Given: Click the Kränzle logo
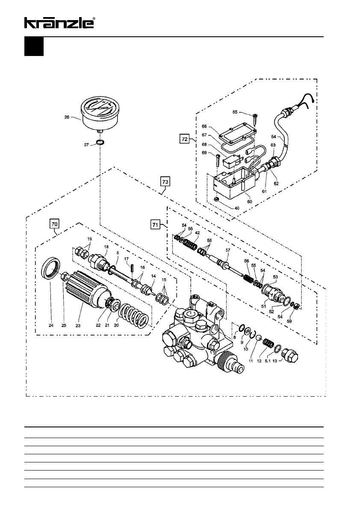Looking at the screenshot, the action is click(x=60, y=23).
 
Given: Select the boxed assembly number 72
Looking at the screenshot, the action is click(x=184, y=139).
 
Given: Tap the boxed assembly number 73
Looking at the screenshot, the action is click(x=165, y=182).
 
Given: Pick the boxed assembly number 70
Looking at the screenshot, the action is click(x=55, y=224).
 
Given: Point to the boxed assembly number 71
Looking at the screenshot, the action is click(x=156, y=224).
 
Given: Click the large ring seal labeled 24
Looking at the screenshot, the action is click(x=51, y=267).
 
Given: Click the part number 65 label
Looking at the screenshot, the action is click(x=235, y=112).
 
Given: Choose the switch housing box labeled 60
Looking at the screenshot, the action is click(x=234, y=183).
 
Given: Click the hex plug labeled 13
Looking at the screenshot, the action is click(x=289, y=354).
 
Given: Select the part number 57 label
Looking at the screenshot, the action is click(x=228, y=250).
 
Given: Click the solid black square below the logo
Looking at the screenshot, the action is click(x=34, y=47).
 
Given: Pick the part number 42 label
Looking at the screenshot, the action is click(x=198, y=233).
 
